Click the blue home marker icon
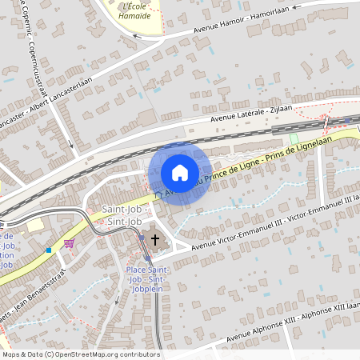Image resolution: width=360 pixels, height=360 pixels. click(x=180, y=172)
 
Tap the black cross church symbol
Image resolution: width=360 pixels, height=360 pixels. click(x=155, y=239)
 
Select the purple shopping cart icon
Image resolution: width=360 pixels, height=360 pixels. click(x=70, y=242)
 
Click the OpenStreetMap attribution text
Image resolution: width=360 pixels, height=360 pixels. click(x=80, y=354)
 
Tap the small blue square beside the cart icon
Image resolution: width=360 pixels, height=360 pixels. click(x=48, y=250)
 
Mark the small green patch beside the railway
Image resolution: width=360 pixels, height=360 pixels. click(x=294, y=138)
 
